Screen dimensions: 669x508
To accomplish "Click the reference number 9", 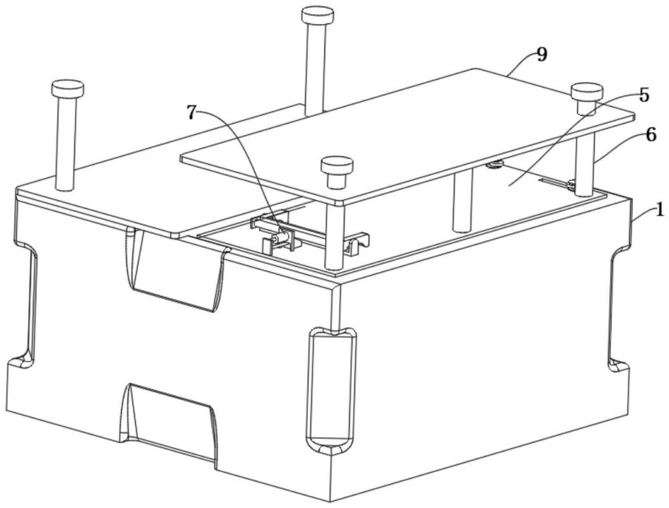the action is [541, 55].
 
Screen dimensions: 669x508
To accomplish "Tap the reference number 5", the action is [644, 95].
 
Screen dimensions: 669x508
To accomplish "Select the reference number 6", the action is [651, 135].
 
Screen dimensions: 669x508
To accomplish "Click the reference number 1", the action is [659, 210].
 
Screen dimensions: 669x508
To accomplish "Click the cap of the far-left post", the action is [68, 88].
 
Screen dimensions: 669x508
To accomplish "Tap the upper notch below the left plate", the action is [175, 269].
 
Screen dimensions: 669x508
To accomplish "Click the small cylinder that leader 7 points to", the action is [281, 237].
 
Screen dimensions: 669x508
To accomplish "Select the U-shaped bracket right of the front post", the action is [357, 245].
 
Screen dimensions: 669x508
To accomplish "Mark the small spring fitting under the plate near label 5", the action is [495, 164].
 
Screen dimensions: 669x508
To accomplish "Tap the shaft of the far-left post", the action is [65, 144].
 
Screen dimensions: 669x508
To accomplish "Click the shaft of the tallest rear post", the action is [316, 68].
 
